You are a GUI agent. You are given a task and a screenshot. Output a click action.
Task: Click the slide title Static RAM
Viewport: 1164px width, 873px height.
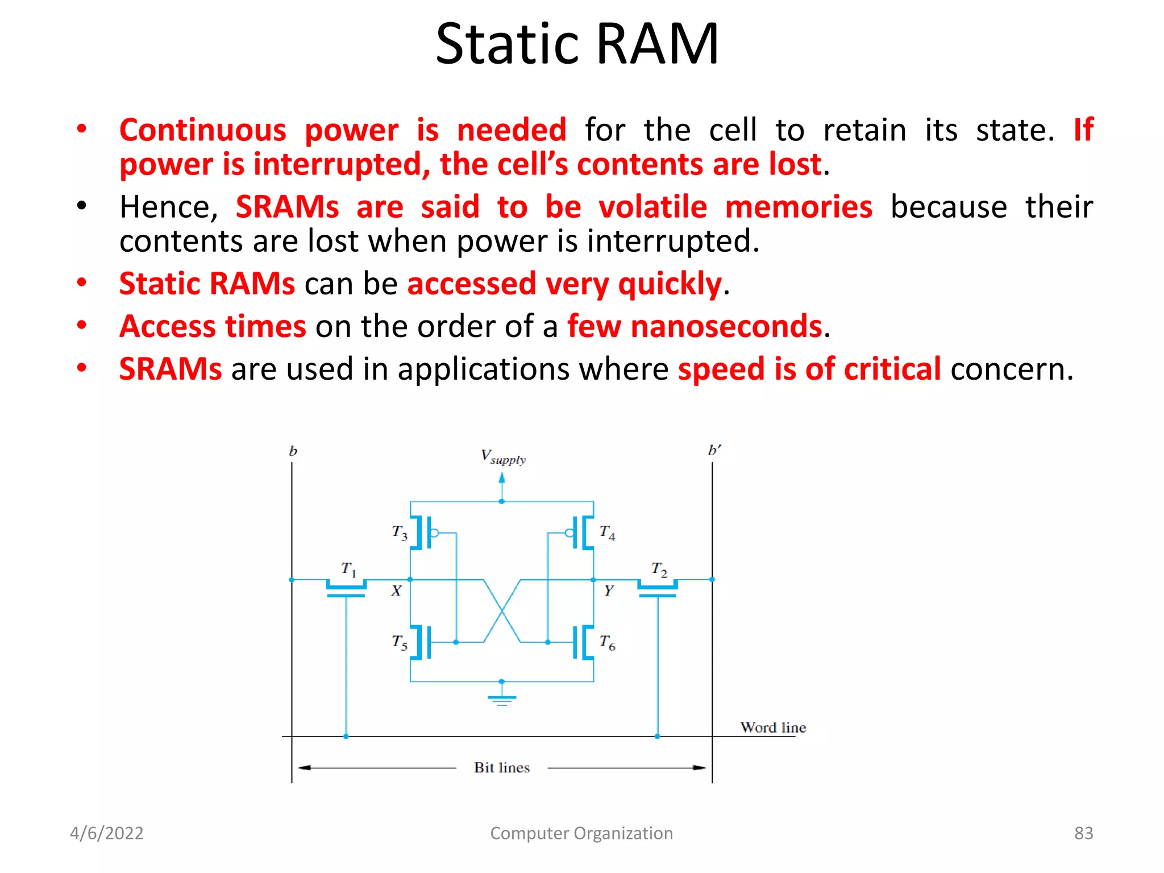click(577, 44)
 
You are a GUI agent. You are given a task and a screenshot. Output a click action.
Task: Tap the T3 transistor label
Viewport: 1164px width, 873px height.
click(400, 533)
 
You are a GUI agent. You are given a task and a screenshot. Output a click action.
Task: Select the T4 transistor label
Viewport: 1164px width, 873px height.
click(607, 533)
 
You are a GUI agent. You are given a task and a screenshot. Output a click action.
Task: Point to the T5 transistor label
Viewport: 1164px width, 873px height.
click(400, 642)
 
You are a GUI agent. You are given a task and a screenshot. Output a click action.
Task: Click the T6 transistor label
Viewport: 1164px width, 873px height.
click(607, 642)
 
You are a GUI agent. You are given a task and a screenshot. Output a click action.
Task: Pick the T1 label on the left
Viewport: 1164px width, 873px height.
click(348, 568)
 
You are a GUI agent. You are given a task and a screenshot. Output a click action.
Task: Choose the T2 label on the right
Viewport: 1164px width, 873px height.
click(659, 568)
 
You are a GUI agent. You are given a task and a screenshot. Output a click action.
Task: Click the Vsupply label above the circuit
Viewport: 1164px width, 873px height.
click(503, 457)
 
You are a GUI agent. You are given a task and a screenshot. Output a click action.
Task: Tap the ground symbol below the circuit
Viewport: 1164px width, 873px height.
click(501, 699)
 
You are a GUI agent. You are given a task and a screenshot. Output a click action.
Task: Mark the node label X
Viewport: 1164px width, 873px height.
click(396, 591)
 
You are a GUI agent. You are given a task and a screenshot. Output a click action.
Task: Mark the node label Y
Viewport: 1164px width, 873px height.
click(609, 591)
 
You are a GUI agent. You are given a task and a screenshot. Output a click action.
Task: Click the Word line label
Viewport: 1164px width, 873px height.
click(773, 727)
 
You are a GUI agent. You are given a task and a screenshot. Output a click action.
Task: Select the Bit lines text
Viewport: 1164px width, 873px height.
click(502, 768)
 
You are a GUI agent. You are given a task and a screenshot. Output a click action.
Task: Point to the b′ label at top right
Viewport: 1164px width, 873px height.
click(714, 450)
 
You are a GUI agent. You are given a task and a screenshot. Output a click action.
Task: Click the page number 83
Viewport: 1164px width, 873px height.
click(1083, 833)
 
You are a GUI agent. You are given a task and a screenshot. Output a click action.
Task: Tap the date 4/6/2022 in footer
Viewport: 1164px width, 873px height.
click(107, 833)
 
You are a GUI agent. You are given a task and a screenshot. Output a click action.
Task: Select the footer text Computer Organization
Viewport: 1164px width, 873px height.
click(581, 833)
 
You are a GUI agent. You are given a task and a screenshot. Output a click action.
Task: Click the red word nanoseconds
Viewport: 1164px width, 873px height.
click(726, 326)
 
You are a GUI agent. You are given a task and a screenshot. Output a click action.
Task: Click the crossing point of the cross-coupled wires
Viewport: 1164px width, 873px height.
click(502, 611)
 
